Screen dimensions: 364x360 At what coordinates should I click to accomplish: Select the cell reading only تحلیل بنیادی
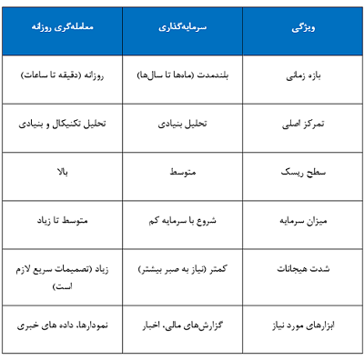(183, 124)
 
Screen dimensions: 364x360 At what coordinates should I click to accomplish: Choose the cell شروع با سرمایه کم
(183, 220)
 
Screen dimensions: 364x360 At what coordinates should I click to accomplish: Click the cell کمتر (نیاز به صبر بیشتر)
(183, 270)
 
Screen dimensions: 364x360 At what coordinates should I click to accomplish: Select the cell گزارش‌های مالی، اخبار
(183, 323)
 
